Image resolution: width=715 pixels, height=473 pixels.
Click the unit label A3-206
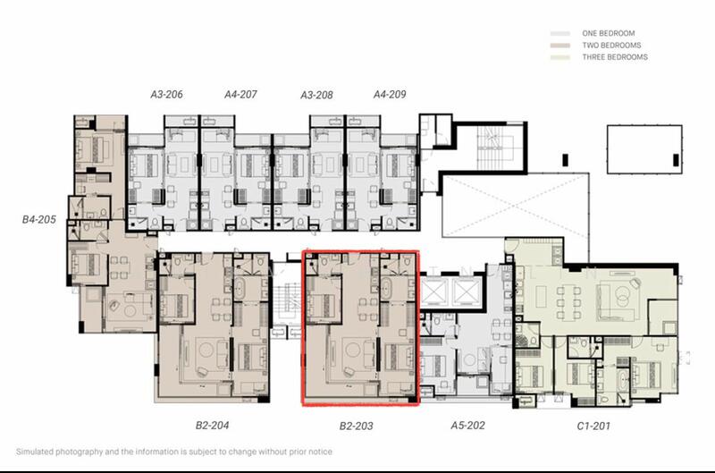click(166, 95)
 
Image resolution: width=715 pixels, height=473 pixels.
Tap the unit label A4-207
click(240, 95)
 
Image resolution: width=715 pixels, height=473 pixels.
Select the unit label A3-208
click(316, 95)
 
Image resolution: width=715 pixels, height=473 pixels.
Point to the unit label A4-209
click(390, 95)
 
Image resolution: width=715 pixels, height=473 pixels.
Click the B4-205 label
click(39, 219)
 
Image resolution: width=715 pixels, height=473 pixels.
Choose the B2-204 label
click(212, 426)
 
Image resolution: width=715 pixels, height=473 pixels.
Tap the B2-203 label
click(356, 426)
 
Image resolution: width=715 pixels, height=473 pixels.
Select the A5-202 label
click(467, 426)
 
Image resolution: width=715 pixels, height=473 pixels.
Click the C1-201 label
click(593, 426)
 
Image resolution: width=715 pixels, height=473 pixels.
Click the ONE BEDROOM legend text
click(609, 33)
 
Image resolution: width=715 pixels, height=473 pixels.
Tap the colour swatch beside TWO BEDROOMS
click(560, 46)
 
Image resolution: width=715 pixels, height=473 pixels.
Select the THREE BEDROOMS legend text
click(615, 57)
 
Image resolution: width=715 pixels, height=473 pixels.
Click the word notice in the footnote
click(321, 452)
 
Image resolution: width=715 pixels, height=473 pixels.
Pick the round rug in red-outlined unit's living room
click(353, 351)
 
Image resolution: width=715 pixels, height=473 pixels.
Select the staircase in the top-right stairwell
click(491, 147)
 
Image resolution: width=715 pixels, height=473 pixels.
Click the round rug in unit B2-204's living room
click(206, 351)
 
